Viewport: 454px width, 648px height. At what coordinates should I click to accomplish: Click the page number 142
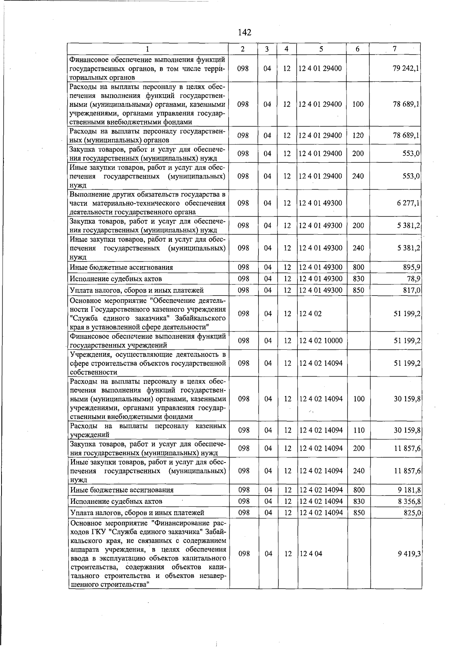245,33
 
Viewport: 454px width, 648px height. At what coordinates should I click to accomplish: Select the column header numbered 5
321,49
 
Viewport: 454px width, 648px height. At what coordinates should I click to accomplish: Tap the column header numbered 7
395,49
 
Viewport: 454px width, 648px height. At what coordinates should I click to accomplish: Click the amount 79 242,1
406,69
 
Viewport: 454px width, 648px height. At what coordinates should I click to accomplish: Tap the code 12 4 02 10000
321,341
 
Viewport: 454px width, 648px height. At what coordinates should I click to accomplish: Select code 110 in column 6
358,430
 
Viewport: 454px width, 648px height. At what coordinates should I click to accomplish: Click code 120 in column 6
358,136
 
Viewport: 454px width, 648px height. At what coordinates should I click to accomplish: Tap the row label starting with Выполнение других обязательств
148,203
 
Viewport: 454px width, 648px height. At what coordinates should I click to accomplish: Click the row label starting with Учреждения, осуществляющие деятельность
148,363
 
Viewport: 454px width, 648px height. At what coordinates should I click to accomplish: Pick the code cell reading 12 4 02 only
311,314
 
